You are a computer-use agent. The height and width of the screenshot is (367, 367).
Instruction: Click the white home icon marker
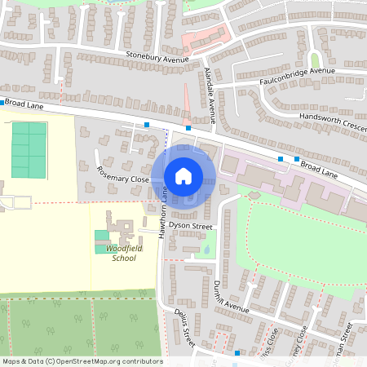183,175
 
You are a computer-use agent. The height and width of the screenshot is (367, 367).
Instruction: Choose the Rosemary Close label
122,174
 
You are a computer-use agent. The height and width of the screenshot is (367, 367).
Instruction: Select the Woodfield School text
124,253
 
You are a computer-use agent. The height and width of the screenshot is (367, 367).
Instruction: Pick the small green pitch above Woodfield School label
101,236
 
